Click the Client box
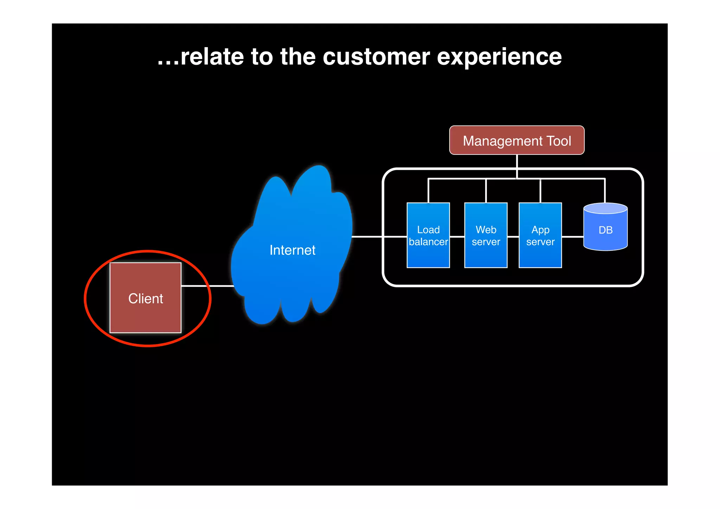pos(146,298)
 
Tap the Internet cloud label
pos(292,250)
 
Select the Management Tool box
pos(516,140)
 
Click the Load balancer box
pos(428,235)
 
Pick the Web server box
pos(486,235)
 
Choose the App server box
pos(540,235)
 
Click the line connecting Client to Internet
pos(207,286)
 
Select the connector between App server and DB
pos(572,237)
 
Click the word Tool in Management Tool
pos(559,141)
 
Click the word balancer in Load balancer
pos(428,242)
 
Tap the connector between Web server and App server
pos(513,237)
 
